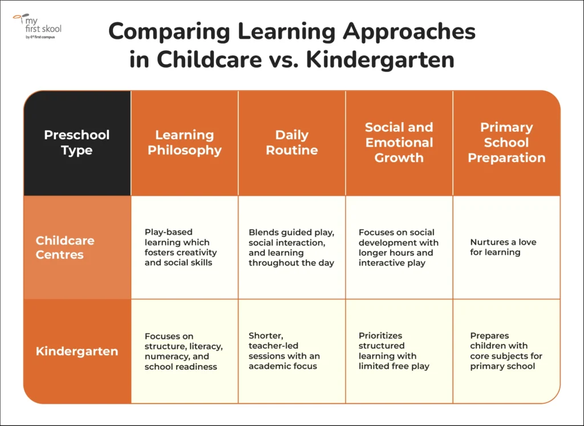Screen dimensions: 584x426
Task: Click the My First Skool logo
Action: [x=37, y=26]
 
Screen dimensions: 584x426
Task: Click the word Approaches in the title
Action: [x=409, y=32]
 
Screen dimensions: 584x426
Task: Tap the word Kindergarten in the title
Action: [x=380, y=60]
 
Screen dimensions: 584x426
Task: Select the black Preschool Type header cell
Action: [x=77, y=143]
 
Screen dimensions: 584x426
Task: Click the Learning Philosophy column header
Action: [x=184, y=143]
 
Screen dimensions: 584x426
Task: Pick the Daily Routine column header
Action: [x=291, y=143]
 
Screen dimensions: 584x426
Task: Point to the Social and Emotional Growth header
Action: [x=399, y=143]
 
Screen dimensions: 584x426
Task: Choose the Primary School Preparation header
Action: [x=506, y=143]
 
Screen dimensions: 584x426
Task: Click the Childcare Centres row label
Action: [x=77, y=248]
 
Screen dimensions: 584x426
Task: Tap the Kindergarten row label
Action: [x=77, y=351]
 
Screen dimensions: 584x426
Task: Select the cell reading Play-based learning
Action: [x=184, y=248]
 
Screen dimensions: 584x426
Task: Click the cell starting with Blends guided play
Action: [x=291, y=248]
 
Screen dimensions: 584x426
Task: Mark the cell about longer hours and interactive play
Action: [x=399, y=248]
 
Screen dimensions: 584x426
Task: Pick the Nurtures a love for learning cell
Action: [x=506, y=248]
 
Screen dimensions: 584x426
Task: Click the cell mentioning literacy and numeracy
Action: [x=184, y=351]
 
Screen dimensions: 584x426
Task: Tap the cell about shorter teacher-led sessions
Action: [x=291, y=351]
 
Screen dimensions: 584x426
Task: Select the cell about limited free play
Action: [x=399, y=351]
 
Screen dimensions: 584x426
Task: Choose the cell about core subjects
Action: [x=506, y=351]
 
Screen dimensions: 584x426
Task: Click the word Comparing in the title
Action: [x=169, y=32]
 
